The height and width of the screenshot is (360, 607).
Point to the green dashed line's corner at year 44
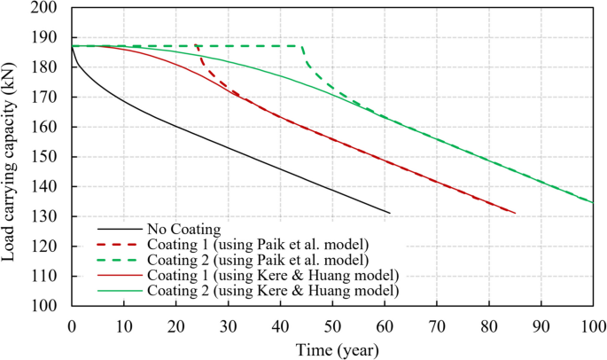[x=302, y=46]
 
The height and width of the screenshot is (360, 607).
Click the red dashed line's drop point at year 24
[x=197, y=46]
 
